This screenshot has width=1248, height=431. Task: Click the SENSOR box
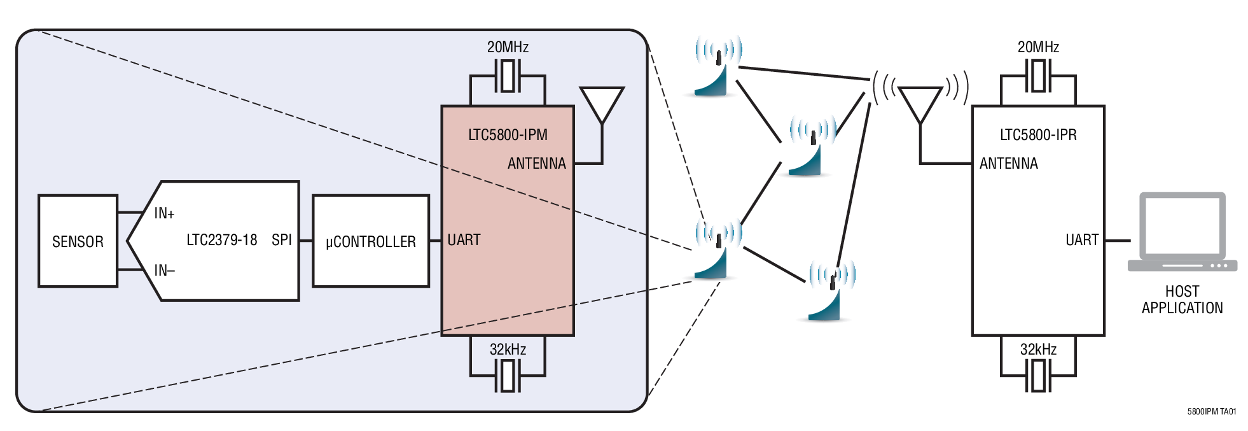point(78,241)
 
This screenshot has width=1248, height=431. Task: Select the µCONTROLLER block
point(371,241)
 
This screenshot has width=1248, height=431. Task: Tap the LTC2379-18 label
point(221,240)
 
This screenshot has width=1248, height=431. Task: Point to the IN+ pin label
point(164,213)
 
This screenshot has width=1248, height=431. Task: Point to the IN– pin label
point(164,271)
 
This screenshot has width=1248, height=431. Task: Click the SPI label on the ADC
point(281,240)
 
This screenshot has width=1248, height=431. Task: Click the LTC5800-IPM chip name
point(508,135)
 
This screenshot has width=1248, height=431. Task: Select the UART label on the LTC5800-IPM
point(464,240)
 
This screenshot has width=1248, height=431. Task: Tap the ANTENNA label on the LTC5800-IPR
point(1008,164)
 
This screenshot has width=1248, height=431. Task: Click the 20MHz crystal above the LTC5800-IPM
point(508,76)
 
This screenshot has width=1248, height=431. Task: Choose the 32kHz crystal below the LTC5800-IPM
point(508,376)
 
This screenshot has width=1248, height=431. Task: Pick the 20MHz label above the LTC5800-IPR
point(1038,47)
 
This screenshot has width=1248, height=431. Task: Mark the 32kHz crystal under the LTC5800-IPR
point(1038,376)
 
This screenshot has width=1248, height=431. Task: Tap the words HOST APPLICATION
point(1182,300)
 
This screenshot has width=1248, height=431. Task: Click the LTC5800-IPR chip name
point(1038,135)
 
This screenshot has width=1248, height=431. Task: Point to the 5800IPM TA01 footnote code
point(1211,412)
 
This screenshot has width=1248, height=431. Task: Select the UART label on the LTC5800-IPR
point(1081,240)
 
